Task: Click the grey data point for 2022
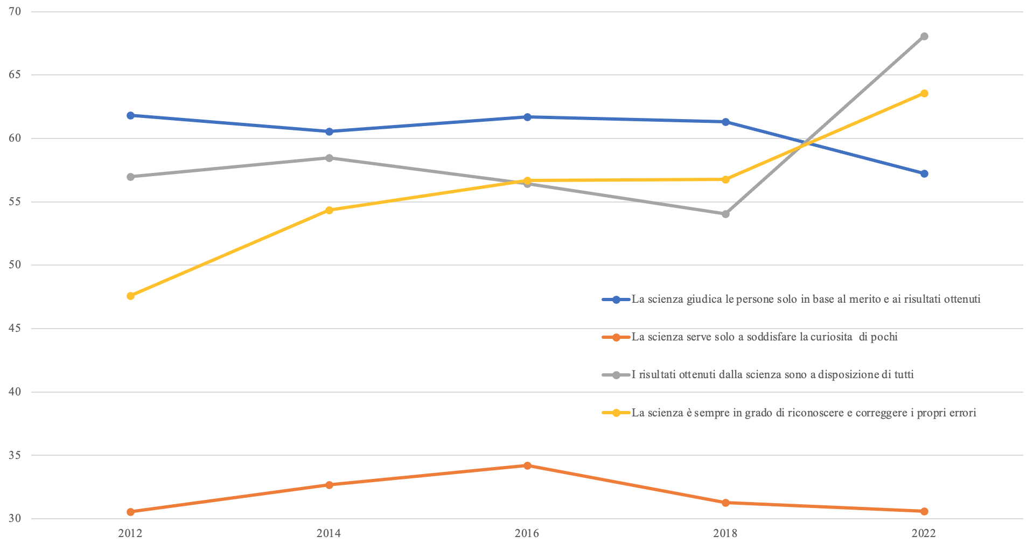(924, 37)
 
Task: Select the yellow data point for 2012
(130, 296)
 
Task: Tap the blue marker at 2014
(329, 131)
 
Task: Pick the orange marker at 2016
(527, 465)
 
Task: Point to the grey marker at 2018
(725, 214)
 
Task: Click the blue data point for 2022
(924, 173)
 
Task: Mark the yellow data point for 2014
(329, 210)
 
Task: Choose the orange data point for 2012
(130, 512)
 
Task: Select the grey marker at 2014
(329, 158)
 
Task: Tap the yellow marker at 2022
(924, 94)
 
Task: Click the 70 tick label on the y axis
(15, 11)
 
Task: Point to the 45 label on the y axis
(15, 328)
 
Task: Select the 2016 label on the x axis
(527, 533)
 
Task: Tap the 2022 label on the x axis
(924, 533)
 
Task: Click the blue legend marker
(616, 300)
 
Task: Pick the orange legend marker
(616, 337)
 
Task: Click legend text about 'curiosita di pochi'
(764, 337)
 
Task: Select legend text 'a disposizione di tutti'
(772, 375)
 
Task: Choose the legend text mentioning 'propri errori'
(804, 413)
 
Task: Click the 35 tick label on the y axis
(15, 455)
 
